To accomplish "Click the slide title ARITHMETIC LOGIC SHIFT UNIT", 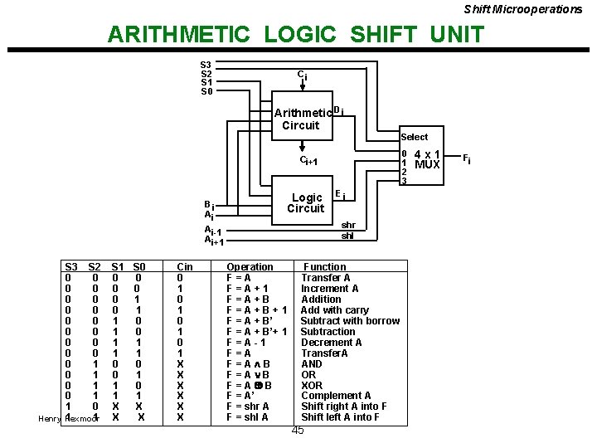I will click(x=295, y=35).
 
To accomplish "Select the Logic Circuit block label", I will click(x=306, y=203).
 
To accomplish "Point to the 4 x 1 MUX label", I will click(x=427, y=159).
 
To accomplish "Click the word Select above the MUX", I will click(x=414, y=137).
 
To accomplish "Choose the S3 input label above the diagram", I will click(x=206, y=65).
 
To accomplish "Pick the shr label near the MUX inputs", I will click(x=348, y=225).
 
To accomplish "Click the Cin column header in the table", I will click(x=185, y=267).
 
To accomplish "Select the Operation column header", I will click(x=250, y=267).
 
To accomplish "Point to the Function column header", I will click(x=325, y=267).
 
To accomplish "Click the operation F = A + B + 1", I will click(x=257, y=310).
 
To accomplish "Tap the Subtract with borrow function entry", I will click(x=350, y=321).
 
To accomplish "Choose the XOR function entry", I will click(x=312, y=385).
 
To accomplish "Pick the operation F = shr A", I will click(x=248, y=407).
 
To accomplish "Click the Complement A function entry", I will click(x=336, y=396).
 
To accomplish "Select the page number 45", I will click(x=298, y=430).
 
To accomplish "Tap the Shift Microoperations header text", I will click(x=522, y=9).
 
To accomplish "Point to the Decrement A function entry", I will click(x=331, y=342).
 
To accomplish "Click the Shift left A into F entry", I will click(x=340, y=417).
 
